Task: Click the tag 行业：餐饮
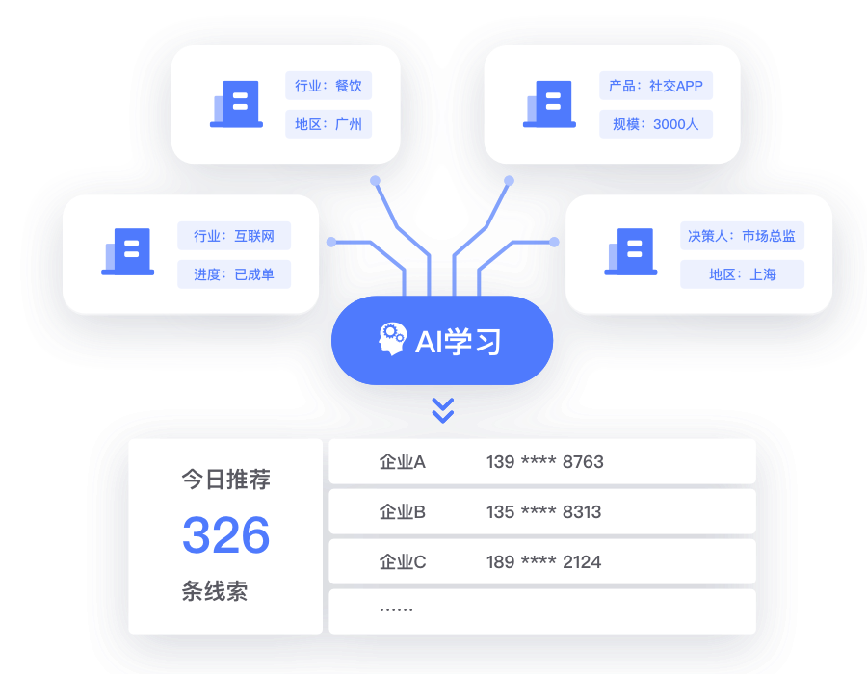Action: (x=328, y=86)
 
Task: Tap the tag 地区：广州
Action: (x=328, y=124)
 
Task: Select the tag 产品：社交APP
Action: (x=655, y=86)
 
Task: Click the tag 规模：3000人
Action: (x=655, y=124)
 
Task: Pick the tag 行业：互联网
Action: (x=234, y=236)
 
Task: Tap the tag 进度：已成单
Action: (x=234, y=274)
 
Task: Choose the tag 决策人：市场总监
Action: (x=742, y=236)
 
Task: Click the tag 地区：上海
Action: (x=742, y=274)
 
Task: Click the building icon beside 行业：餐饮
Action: (x=236, y=104)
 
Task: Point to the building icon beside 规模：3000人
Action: (x=549, y=104)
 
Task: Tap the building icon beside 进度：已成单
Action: (x=127, y=252)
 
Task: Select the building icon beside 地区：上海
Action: (x=631, y=252)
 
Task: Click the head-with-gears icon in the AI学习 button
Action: (x=393, y=340)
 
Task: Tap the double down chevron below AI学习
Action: (x=442, y=411)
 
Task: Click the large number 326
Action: (x=225, y=535)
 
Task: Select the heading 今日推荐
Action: (x=225, y=480)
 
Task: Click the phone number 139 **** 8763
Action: (x=544, y=462)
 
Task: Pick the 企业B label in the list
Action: (x=402, y=512)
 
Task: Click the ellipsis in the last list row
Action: (x=396, y=610)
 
